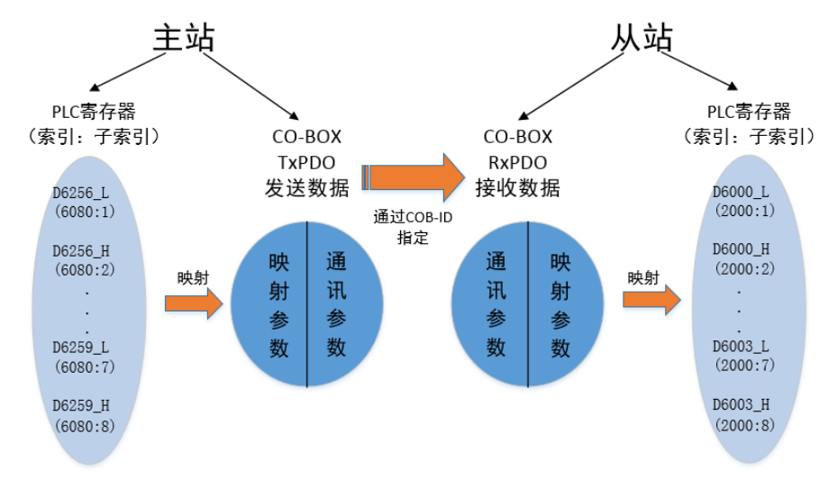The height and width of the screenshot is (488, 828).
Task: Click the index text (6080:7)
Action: pyautogui.click(x=84, y=369)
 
